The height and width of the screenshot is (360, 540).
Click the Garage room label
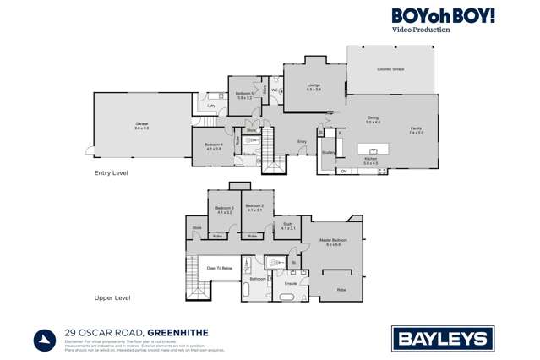(141, 125)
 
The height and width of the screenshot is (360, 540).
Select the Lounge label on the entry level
(312, 85)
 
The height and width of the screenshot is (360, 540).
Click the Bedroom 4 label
(213, 145)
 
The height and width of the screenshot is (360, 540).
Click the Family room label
(416, 129)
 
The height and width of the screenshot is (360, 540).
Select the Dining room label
(373, 119)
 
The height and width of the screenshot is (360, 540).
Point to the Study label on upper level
(287, 226)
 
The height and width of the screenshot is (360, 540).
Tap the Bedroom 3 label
(224, 209)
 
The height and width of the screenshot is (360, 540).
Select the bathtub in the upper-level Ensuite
(288, 298)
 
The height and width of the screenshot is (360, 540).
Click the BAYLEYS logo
(442, 340)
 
